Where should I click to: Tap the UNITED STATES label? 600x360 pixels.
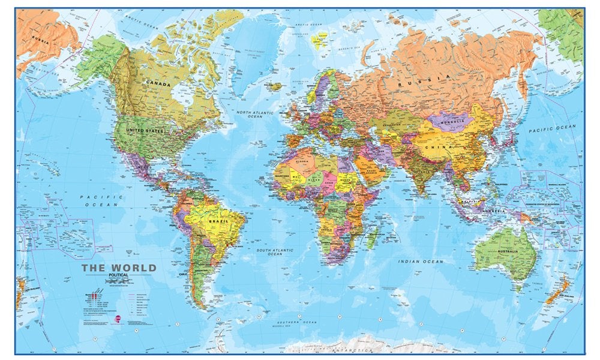tap(146, 130)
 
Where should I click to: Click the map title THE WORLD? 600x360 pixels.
tap(119, 268)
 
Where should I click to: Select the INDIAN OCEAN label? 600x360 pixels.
tap(421, 262)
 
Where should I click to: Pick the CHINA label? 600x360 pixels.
tap(441, 146)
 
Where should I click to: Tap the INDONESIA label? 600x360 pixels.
tap(491, 211)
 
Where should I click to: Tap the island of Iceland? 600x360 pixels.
tap(275, 86)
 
